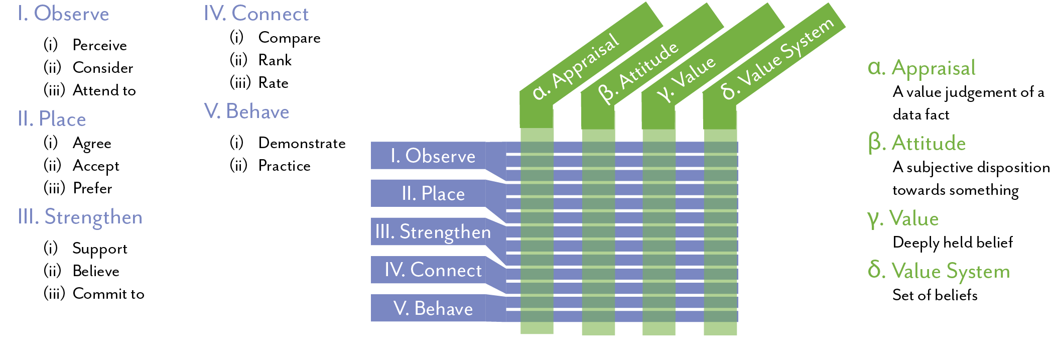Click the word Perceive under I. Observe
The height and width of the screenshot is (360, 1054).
(x=99, y=46)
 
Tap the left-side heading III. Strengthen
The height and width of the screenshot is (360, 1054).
(x=80, y=217)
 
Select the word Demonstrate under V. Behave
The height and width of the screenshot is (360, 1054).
(x=302, y=144)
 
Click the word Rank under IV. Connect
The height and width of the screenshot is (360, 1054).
(x=275, y=61)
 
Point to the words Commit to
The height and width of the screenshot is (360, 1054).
(x=108, y=294)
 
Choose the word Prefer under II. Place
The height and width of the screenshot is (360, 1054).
(x=92, y=189)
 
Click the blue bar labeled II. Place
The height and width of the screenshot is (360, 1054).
(x=433, y=194)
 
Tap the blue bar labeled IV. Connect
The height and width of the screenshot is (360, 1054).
(x=433, y=270)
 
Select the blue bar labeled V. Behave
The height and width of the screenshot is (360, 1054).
(x=433, y=308)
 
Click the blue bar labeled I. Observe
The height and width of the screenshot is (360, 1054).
(x=433, y=156)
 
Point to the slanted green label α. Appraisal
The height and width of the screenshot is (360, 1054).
(x=576, y=66)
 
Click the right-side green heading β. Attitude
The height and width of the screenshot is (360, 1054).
(x=916, y=144)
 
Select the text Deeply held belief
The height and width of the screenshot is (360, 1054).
(x=952, y=243)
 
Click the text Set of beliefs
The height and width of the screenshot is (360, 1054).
(x=935, y=295)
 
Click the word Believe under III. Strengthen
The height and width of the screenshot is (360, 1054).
(x=96, y=272)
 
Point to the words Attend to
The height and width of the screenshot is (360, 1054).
(x=104, y=91)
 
